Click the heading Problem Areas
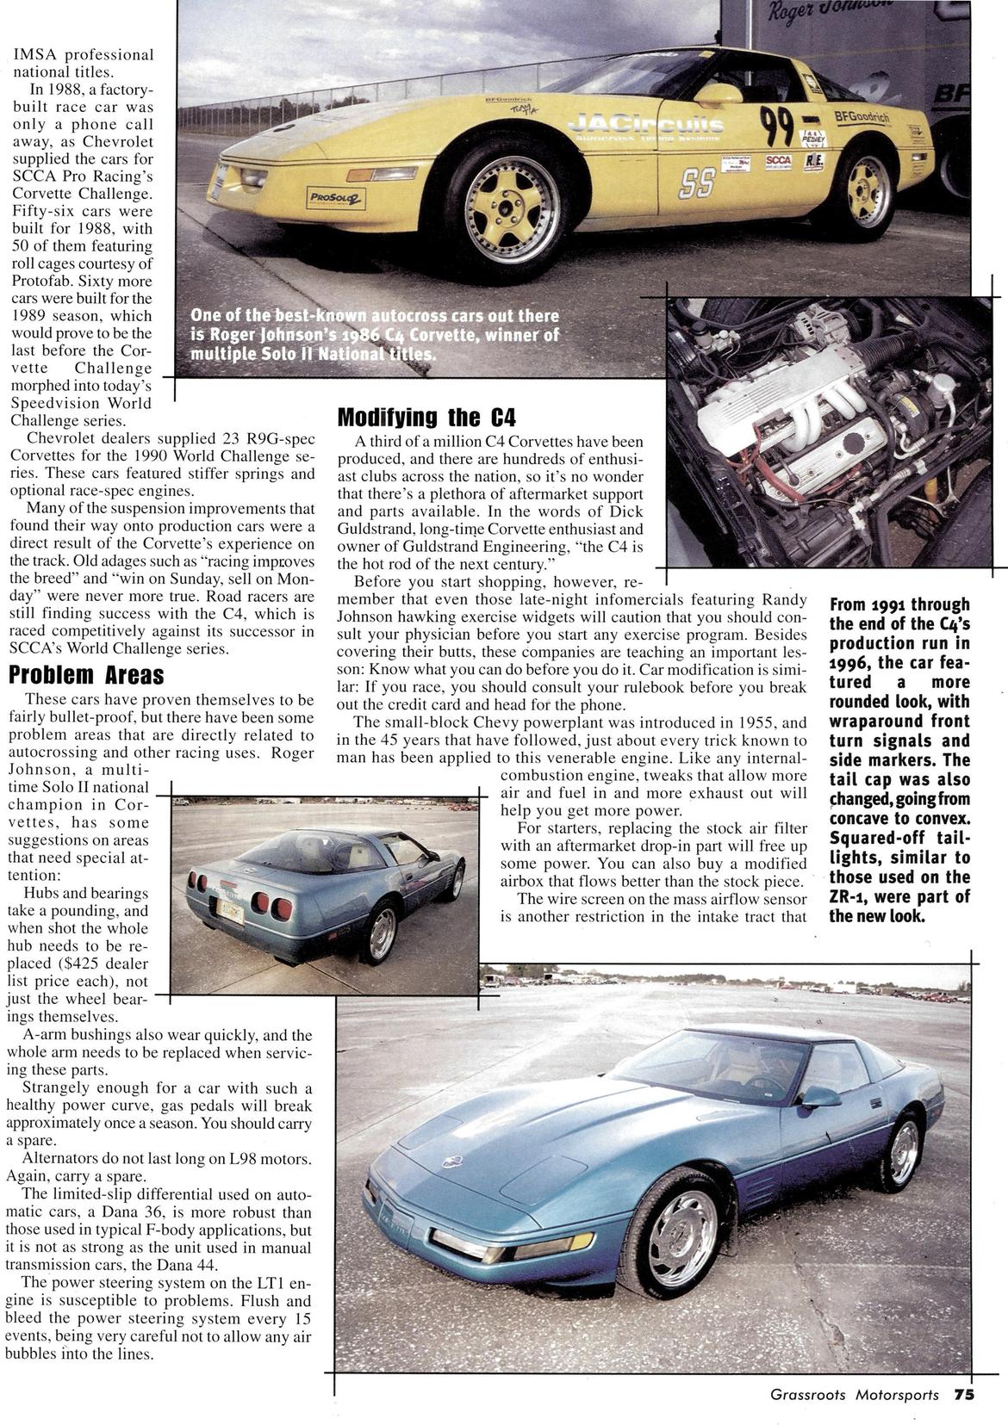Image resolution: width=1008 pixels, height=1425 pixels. click(x=86, y=674)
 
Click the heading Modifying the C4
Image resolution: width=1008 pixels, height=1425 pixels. click(x=426, y=418)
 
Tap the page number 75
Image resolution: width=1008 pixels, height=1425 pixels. click(x=963, y=1396)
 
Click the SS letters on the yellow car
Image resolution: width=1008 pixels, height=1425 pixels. click(x=697, y=182)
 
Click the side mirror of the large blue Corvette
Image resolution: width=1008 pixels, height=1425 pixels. click(x=819, y=1096)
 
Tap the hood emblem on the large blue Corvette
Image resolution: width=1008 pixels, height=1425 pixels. click(x=451, y=1161)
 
